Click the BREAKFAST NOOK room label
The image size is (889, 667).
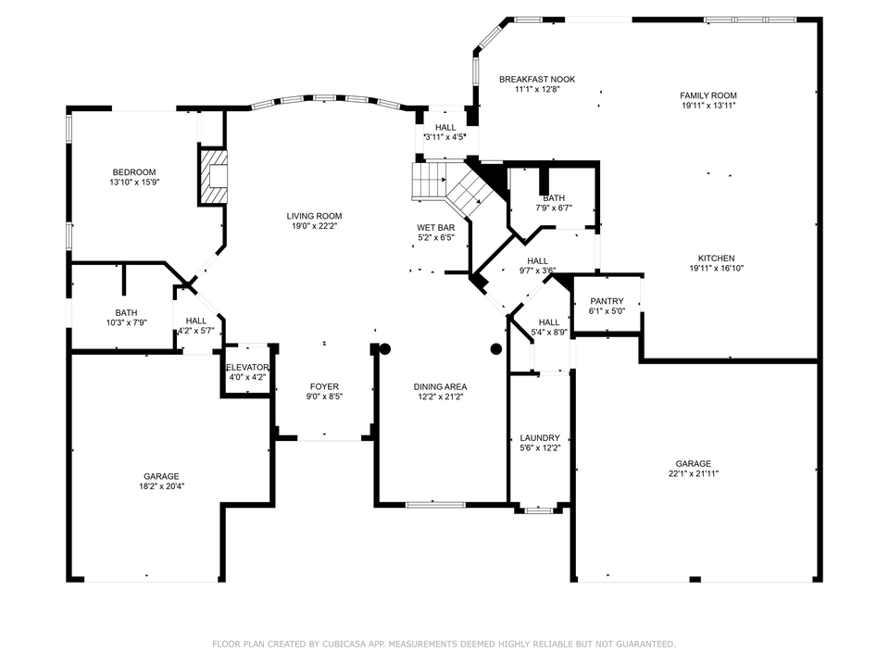coord(537,80)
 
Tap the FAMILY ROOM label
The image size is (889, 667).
coord(707,95)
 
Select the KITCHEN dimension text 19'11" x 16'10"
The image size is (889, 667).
coord(716,269)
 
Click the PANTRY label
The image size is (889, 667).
coord(607,300)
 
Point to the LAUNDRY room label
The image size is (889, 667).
coord(540,437)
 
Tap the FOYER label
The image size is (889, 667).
coord(324,386)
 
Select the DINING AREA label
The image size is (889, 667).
coord(440,386)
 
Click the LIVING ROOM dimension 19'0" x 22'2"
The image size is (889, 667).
coord(314,226)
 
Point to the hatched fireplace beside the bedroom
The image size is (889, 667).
coord(214,179)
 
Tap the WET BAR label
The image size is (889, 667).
coord(435,227)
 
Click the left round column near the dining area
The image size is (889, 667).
coord(385,349)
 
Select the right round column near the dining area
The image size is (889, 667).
coord(496,349)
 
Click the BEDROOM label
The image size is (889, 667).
coord(134,171)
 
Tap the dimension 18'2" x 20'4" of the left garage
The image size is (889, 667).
coord(161,485)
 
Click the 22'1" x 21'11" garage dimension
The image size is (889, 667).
coord(693,473)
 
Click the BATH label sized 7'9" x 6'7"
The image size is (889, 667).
coord(554,197)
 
